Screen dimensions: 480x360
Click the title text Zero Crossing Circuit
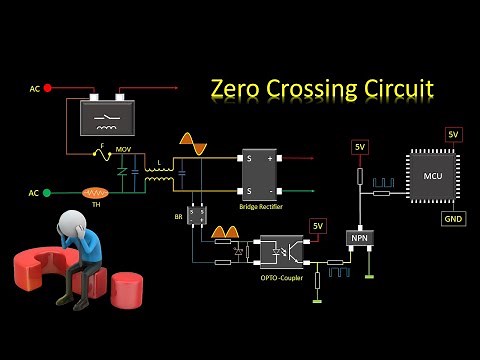(x=322, y=89)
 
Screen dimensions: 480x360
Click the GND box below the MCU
(x=453, y=218)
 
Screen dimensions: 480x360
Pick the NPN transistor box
(x=358, y=239)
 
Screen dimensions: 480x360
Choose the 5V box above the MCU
(x=453, y=134)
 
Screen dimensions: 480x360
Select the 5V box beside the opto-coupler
(x=318, y=226)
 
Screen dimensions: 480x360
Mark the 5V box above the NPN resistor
(x=360, y=148)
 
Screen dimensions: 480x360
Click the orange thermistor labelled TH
(x=96, y=192)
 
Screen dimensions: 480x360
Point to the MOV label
(x=124, y=150)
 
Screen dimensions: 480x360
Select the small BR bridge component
(x=198, y=214)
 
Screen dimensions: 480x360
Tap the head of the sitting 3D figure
(x=74, y=226)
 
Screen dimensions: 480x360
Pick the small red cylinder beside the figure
(x=129, y=291)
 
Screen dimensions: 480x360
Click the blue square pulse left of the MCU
(x=384, y=183)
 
